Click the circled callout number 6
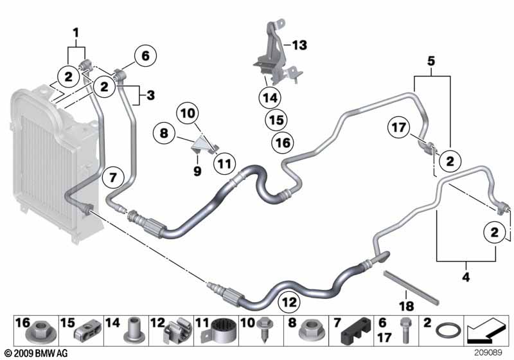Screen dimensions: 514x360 pyautogui.click(x=145, y=56)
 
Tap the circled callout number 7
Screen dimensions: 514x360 pyautogui.click(x=113, y=178)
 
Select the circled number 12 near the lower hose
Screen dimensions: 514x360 pyautogui.click(x=288, y=302)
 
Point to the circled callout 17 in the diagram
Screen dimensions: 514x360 pyautogui.click(x=398, y=127)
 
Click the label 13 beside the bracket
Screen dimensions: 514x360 pyautogui.click(x=299, y=45)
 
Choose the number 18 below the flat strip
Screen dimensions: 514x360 pyautogui.click(x=406, y=306)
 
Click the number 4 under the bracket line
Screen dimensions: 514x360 pyautogui.click(x=466, y=277)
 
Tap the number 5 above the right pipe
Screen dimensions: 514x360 pyautogui.click(x=431, y=61)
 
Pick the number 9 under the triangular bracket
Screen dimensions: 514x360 pyautogui.click(x=197, y=171)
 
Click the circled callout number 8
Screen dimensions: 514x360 pyautogui.click(x=164, y=133)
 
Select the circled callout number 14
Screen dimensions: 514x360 pyautogui.click(x=270, y=98)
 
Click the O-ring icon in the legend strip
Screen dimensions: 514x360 pyautogui.click(x=447, y=330)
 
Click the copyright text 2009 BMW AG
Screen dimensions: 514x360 pyautogui.click(x=36, y=354)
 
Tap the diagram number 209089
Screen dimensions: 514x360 pyautogui.click(x=488, y=353)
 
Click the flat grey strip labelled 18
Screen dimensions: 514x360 pyautogui.click(x=411, y=287)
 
